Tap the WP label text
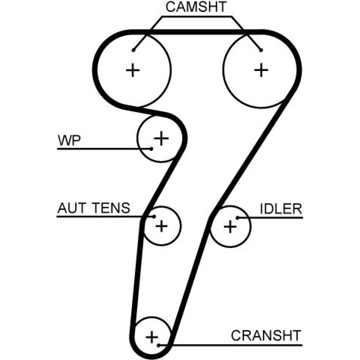[x=69, y=140]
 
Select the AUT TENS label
[x=94, y=208]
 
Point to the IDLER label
[x=281, y=209]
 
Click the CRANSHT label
[x=266, y=336]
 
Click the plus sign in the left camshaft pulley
[x=133, y=70]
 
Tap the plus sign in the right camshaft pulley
[x=262, y=70]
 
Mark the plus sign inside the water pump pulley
[x=161, y=138]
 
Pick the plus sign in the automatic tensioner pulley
[x=161, y=226]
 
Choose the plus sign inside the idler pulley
[x=230, y=226]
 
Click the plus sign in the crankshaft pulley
[x=152, y=337]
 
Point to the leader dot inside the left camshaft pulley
[x=133, y=50]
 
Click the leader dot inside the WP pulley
[x=152, y=148]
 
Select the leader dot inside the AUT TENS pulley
[x=154, y=216]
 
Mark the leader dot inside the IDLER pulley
[x=237, y=217]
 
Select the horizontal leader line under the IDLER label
[x=274, y=217]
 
